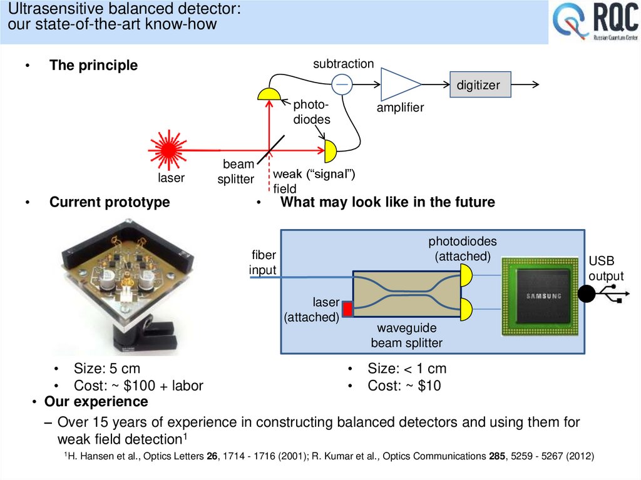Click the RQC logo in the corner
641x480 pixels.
(595, 23)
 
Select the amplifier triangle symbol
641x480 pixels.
(399, 84)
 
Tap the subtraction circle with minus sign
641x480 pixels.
(342, 84)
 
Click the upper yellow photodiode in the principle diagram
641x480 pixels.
(270, 94)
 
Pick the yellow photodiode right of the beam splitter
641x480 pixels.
(330, 151)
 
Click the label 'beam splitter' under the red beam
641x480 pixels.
(236, 171)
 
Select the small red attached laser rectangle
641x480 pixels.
(346, 308)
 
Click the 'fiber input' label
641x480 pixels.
(263, 263)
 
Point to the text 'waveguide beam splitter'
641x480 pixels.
(406, 335)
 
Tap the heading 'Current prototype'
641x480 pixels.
(110, 202)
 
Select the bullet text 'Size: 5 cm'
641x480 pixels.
(106, 369)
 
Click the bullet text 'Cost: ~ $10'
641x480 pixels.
(404, 386)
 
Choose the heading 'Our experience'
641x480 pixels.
(96, 401)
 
